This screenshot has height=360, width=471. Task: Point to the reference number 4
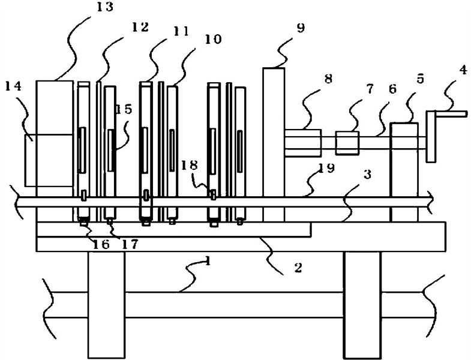pos(463,70)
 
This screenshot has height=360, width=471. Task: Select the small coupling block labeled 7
pos(347,143)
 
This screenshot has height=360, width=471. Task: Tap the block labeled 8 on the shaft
pos(303,143)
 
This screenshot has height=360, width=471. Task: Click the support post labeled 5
pos(403,171)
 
